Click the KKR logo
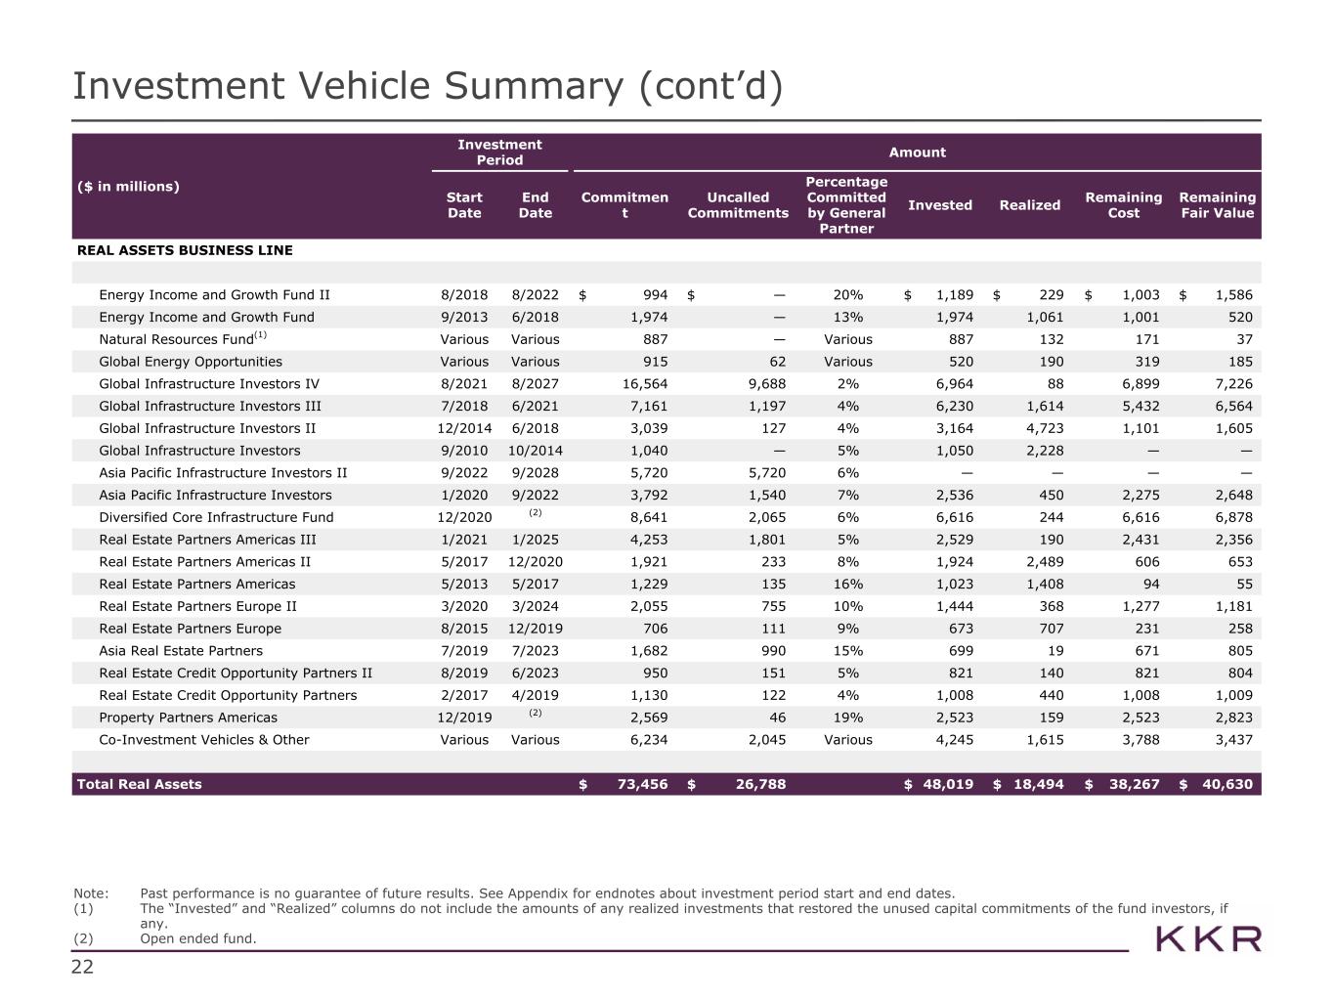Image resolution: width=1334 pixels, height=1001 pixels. (1208, 939)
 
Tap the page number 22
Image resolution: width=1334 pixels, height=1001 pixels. (82, 968)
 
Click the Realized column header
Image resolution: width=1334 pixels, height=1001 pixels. (1029, 205)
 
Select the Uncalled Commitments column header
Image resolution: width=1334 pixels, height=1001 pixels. (738, 205)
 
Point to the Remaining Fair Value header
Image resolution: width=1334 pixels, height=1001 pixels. (1217, 205)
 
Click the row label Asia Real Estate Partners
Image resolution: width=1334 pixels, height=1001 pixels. (181, 651)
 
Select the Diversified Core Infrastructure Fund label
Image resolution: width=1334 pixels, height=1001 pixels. (216, 517)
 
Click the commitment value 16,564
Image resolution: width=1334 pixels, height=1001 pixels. (641, 384)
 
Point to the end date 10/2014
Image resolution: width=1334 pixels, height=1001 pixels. (535, 451)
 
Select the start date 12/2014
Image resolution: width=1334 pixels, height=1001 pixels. (463, 428)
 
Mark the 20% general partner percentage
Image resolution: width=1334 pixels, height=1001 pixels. (847, 295)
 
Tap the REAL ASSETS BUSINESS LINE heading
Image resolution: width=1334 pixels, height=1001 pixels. (185, 250)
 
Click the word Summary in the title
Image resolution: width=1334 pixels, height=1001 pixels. (533, 86)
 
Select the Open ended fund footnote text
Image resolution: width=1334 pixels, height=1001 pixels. (198, 938)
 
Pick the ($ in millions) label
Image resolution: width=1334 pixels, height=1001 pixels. (128, 187)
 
